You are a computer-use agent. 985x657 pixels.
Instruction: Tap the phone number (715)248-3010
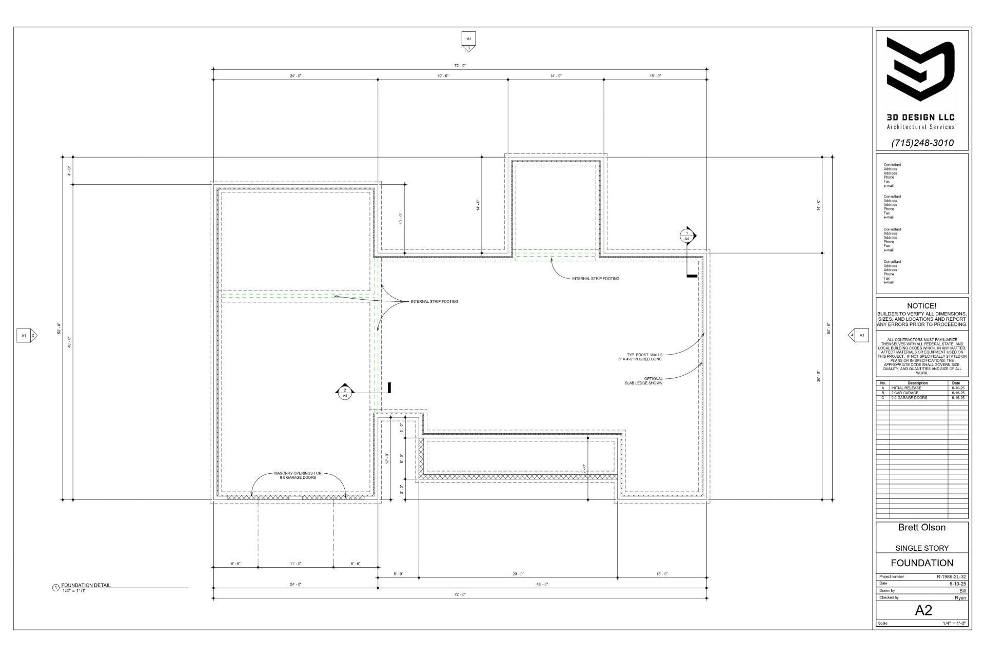pos(922,143)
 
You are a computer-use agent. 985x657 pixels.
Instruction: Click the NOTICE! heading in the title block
pos(921,306)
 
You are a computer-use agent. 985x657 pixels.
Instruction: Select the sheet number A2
pos(923,610)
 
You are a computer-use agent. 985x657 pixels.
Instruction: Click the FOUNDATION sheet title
pos(922,563)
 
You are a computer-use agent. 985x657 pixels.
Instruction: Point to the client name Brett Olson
pos(921,528)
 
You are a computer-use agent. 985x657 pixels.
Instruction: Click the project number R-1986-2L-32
pos(951,576)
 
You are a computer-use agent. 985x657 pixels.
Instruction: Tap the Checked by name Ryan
pos(960,597)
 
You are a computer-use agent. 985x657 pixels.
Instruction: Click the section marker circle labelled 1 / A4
pos(687,236)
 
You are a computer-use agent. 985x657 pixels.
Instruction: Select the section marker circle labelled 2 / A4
pos(345,393)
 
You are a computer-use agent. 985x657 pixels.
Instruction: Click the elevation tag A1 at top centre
pos(468,39)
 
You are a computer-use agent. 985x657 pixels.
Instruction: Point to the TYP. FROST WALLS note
pos(644,357)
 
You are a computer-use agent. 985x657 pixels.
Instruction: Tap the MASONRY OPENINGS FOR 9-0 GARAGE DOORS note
pos(298,475)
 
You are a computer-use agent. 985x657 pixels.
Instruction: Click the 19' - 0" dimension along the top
pos(443,76)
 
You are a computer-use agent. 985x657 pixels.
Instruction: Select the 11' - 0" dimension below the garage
pos(295,564)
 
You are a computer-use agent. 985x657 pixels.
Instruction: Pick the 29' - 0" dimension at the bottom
pos(518,574)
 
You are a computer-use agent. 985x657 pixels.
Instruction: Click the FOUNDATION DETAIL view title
pos(86,585)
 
